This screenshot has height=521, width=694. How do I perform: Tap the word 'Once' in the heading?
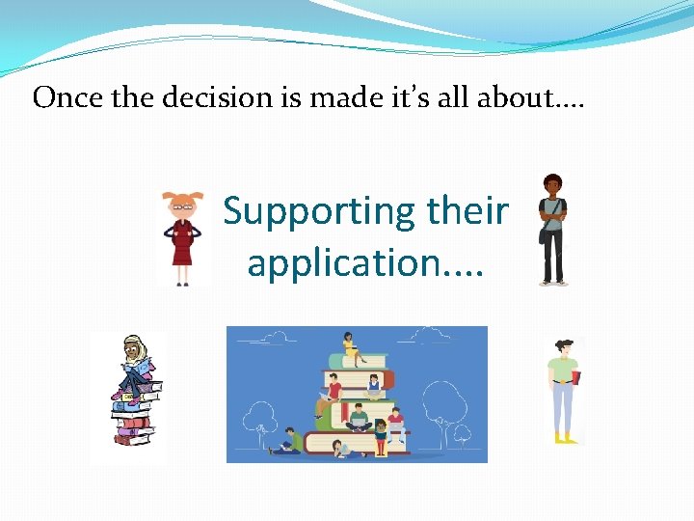(x=61, y=98)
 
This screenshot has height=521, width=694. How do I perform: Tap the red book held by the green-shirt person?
(x=576, y=376)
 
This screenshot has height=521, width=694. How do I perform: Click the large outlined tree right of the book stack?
(x=445, y=405)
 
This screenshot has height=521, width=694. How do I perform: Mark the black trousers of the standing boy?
(x=552, y=256)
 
